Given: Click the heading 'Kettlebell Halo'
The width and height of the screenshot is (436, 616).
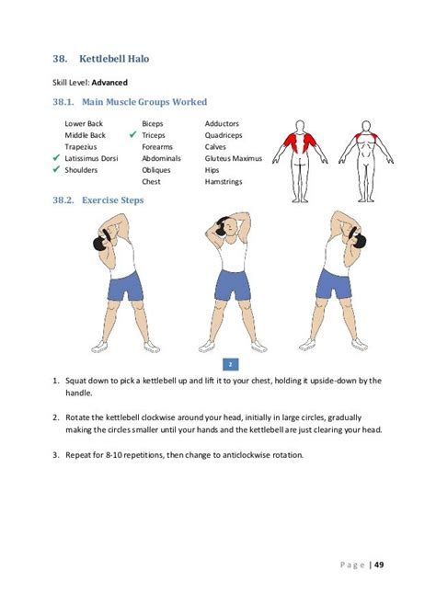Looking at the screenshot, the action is coord(114,59).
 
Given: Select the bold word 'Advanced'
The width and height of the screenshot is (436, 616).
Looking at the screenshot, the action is coord(109,83).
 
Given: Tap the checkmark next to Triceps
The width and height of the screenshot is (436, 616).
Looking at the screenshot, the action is coord(132,135).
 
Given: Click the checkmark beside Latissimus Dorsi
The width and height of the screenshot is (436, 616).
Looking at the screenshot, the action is coord(56,158).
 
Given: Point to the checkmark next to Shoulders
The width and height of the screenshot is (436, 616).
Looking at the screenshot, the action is coord(56,169).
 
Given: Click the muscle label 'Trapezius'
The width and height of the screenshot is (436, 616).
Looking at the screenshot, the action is coord(81,147).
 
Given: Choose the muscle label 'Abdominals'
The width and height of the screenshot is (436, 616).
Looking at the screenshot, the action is coord(161,158).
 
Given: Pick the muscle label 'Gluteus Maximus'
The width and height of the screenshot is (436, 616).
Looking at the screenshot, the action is coord(233,158).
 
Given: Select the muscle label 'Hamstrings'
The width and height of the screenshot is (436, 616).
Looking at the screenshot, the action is coord(224,181).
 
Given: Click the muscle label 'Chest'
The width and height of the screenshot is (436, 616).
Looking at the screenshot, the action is coord(151,181).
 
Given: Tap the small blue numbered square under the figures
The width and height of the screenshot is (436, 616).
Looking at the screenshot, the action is coord(230,364).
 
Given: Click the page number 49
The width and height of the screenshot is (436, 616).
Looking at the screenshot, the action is coord(379,565).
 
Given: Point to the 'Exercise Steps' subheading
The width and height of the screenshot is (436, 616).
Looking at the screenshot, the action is coord(112,200).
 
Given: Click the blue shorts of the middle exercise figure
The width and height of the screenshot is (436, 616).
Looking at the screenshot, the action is coord(233,285).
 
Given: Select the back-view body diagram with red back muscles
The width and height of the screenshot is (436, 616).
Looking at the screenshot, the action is coord(300,162).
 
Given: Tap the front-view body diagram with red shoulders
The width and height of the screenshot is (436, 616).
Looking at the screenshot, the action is coord(366,162).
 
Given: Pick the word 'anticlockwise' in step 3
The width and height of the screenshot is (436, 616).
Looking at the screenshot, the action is coord(247,455).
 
